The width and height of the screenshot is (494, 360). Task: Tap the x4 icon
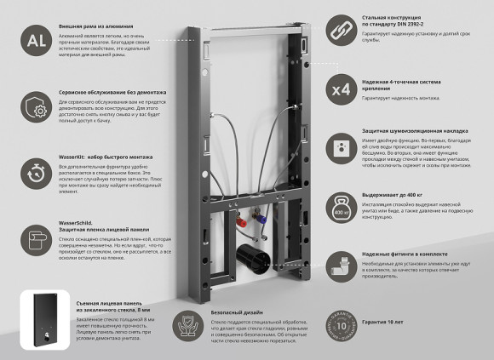click(341, 89)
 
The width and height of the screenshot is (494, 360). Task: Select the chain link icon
click(341, 28)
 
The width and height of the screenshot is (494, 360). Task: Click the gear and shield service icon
click(36, 109)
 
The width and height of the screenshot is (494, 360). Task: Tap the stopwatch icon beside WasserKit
click(36, 174)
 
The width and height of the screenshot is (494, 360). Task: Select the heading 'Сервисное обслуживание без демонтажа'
click(112, 91)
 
